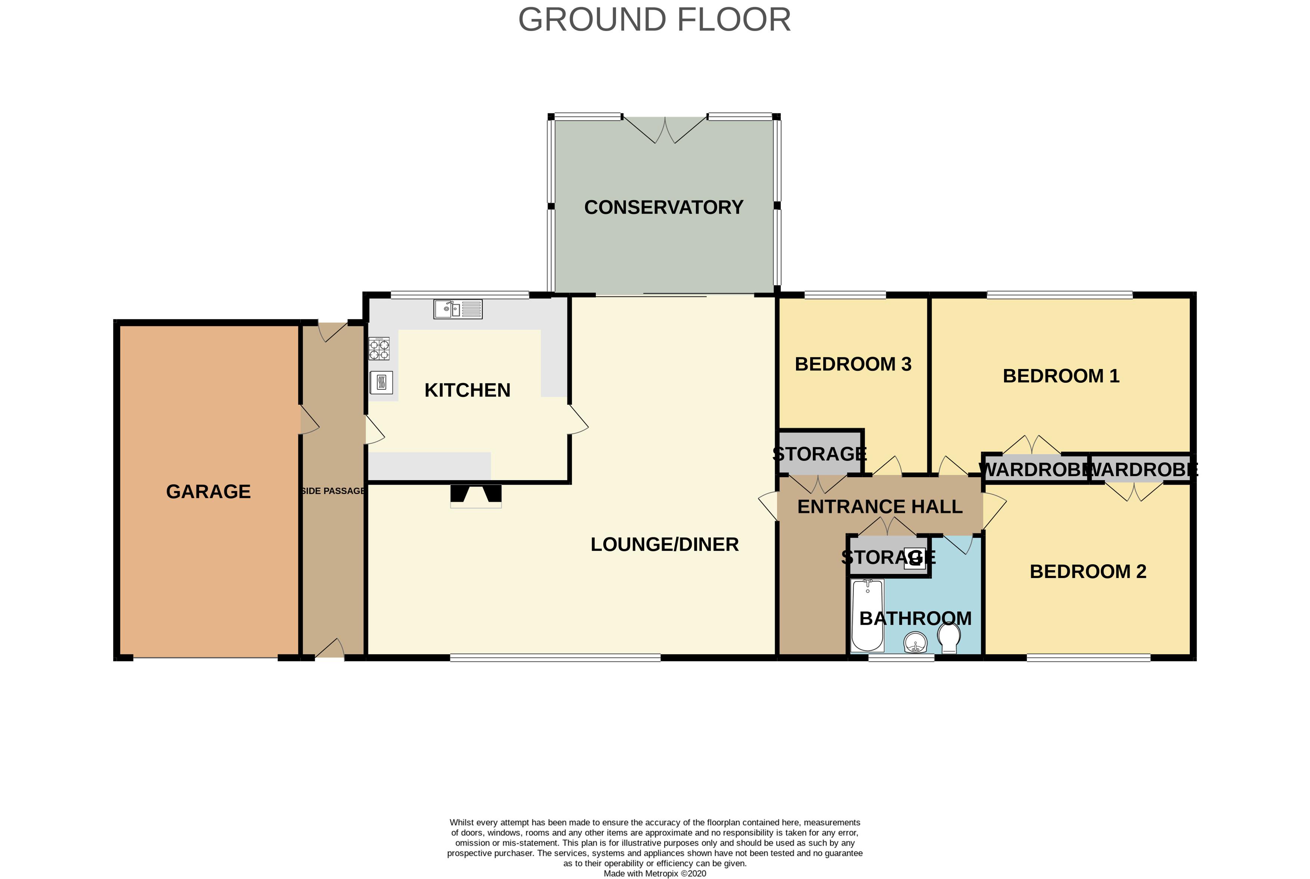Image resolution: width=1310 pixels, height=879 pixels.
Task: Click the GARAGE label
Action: coord(208,492)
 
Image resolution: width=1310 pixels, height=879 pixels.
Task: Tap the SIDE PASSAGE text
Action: coord(333,491)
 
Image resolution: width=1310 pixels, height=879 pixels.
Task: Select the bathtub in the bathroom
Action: coord(867,615)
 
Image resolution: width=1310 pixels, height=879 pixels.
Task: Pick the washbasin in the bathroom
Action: coord(916,642)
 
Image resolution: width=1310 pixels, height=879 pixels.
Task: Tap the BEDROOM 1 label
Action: coord(1061,376)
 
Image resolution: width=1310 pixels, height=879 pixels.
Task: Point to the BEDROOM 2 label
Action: coord(1088,572)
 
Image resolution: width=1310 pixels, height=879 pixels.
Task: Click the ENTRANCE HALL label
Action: coord(880,507)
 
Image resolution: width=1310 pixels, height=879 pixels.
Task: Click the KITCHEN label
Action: coord(467,390)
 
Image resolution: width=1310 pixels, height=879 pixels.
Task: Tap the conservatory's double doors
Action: coord(665,130)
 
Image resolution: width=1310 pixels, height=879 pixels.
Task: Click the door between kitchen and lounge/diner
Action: coord(579,419)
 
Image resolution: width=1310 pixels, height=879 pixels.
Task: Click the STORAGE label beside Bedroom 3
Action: coord(820,454)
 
